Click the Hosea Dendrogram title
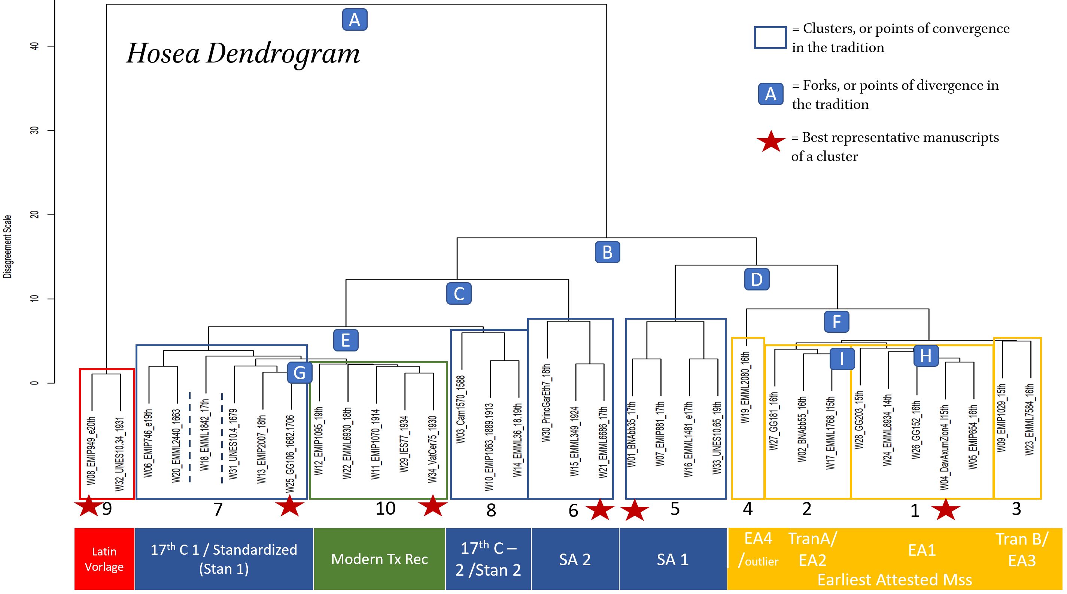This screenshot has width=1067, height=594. point(243,54)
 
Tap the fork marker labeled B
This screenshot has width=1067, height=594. point(607,252)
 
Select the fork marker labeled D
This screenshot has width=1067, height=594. point(756,279)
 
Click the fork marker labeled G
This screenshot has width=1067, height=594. point(299,372)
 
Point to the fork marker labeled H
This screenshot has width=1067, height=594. point(926,356)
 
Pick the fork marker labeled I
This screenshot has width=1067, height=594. point(842,359)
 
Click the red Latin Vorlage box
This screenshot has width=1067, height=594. point(104,559)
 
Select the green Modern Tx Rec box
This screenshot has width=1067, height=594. point(379,559)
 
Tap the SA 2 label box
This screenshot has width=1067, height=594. point(575,559)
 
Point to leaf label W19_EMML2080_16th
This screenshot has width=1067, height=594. point(745,387)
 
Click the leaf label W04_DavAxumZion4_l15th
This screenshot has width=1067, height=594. point(945,447)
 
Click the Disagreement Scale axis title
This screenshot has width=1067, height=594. point(7,246)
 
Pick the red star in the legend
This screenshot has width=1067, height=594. point(771,141)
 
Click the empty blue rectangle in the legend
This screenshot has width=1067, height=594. point(770,38)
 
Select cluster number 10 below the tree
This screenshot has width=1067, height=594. point(385,508)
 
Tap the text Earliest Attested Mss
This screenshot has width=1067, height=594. point(894,579)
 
